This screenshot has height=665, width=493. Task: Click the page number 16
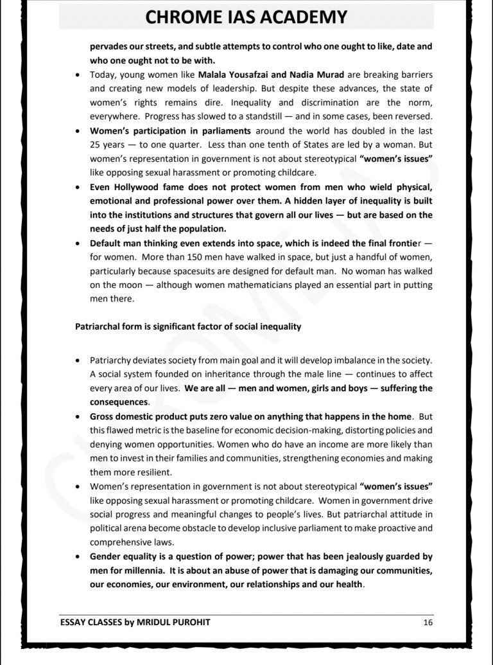[429, 622]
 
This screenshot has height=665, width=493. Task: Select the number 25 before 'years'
[95, 145]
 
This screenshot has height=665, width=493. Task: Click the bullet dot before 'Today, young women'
[78, 75]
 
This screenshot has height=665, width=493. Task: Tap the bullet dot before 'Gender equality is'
[78, 556]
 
